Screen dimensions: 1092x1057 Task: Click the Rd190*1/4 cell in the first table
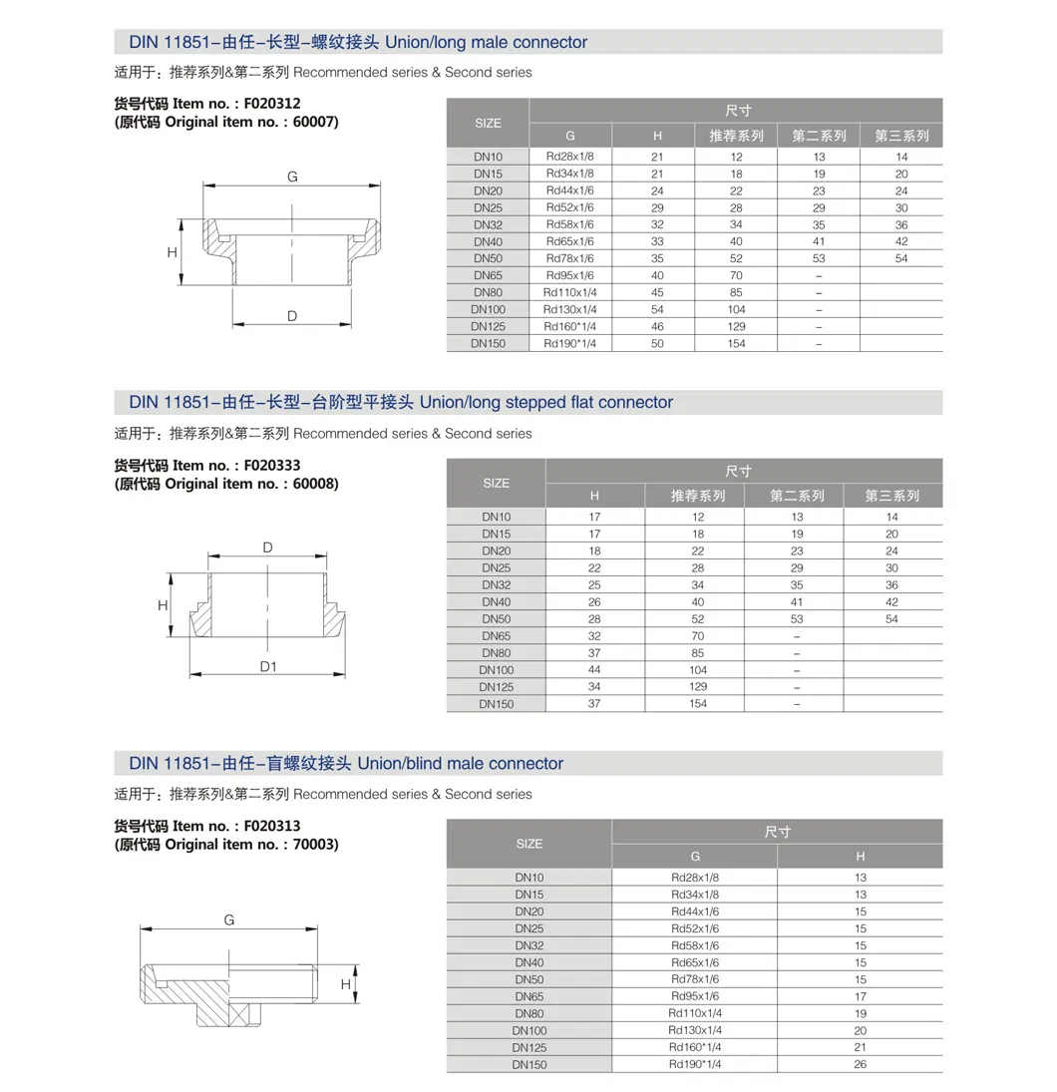[x=569, y=343]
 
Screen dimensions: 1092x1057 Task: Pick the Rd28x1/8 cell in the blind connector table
[x=694, y=878]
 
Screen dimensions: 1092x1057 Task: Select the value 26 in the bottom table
[x=860, y=1064]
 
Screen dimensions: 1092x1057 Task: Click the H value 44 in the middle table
[x=594, y=670]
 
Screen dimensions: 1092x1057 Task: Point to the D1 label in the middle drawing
[x=268, y=666]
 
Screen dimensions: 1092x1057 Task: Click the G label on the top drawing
[x=292, y=177]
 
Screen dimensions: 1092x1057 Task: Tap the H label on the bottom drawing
[x=345, y=984]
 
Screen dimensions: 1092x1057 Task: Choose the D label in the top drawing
[x=292, y=316]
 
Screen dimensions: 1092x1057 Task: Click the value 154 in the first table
[x=736, y=343]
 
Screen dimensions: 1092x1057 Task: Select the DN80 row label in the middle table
[x=496, y=653]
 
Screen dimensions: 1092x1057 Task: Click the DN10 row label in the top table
[x=488, y=157]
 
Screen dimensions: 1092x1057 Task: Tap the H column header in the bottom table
[x=860, y=856]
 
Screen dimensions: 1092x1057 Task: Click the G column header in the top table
[x=569, y=136]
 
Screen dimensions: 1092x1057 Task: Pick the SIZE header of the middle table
[x=496, y=483]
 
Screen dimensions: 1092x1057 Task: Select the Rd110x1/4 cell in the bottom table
[x=694, y=1013]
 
